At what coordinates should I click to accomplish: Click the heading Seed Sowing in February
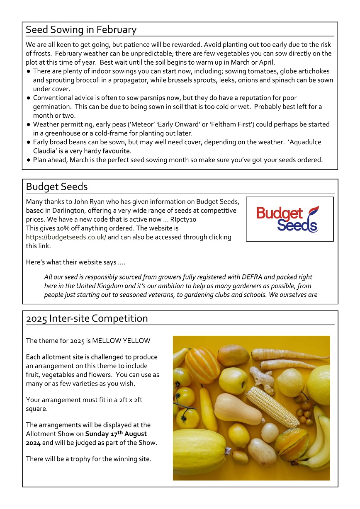81,30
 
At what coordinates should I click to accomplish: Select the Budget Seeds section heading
57,187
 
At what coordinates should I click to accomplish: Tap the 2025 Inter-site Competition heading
87,318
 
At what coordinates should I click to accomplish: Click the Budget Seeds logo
289,219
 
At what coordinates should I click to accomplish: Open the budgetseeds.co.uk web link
66,237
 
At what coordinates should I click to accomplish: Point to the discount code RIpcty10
183,219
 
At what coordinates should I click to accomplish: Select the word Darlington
66,211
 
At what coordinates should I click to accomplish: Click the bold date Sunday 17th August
116,434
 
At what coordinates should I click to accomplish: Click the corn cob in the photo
272,407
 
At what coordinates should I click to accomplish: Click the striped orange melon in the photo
202,365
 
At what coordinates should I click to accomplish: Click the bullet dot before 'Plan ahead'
28,160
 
